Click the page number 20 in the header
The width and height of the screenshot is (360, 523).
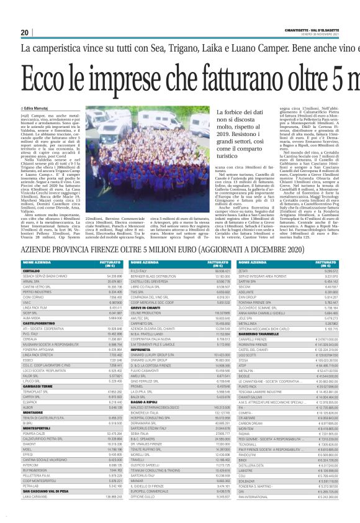[x=25, y=32]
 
